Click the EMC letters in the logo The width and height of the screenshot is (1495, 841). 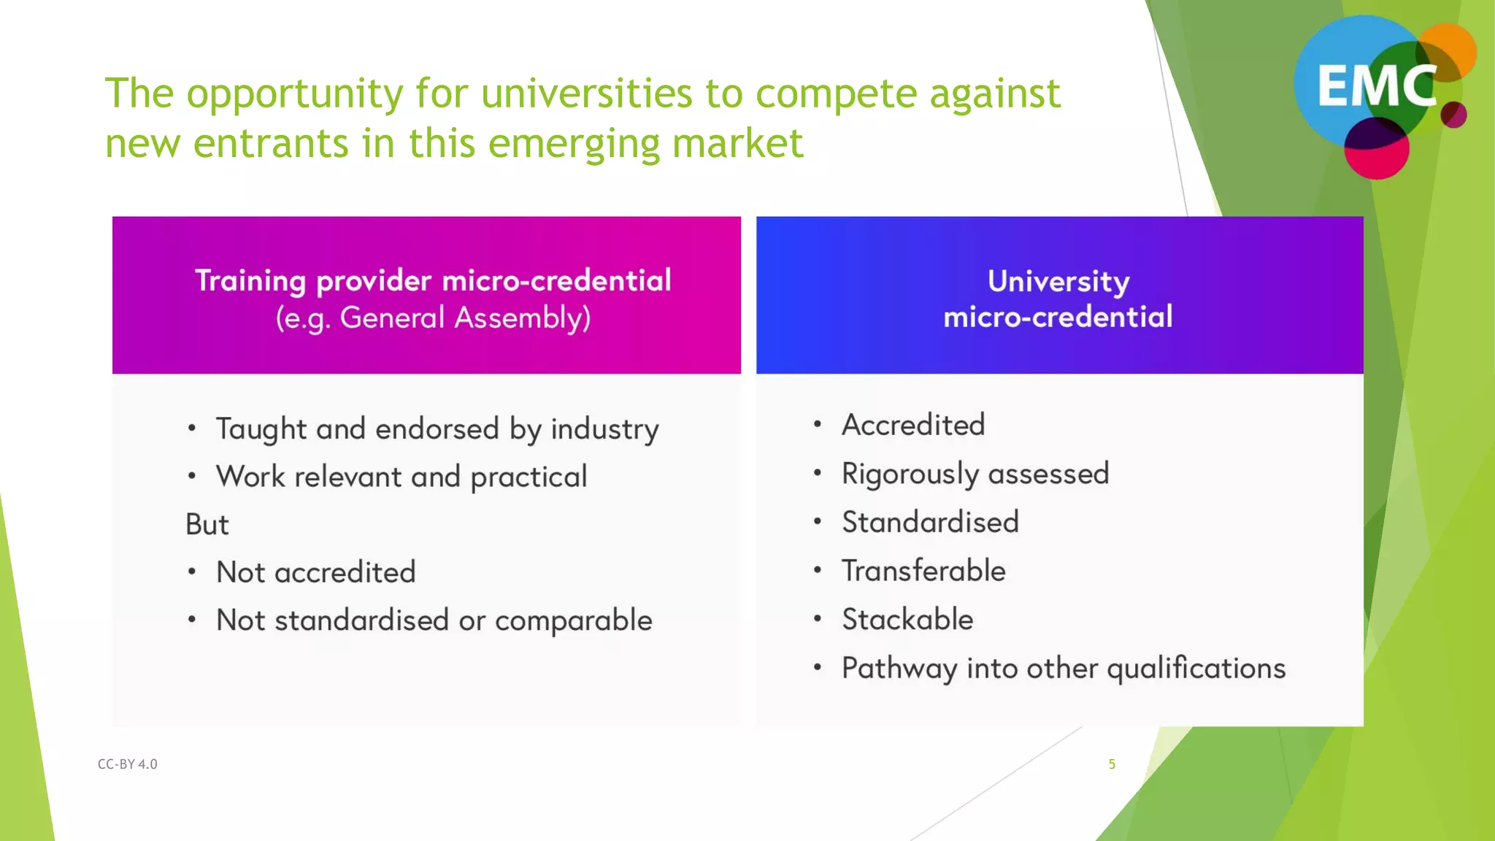point(1376,86)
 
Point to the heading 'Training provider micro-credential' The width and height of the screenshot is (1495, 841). point(433,281)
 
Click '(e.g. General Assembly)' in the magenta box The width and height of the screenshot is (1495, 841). point(433,318)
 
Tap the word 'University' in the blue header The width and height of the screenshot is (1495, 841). point(1058,282)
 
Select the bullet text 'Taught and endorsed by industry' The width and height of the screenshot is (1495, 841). point(437,429)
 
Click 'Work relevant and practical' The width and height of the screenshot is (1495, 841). point(401,477)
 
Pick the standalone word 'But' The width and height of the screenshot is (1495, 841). point(207,525)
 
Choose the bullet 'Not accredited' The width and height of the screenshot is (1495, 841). point(315,572)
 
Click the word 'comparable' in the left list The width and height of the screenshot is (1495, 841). point(574,621)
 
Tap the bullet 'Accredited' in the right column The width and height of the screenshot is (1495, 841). point(913,425)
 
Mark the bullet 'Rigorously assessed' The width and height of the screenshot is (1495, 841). point(975,474)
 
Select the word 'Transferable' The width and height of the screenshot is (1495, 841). point(923,571)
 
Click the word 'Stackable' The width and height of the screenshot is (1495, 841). point(907,620)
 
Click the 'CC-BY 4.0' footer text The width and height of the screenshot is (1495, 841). point(128,764)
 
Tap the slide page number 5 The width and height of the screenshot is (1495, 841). point(1112,764)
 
